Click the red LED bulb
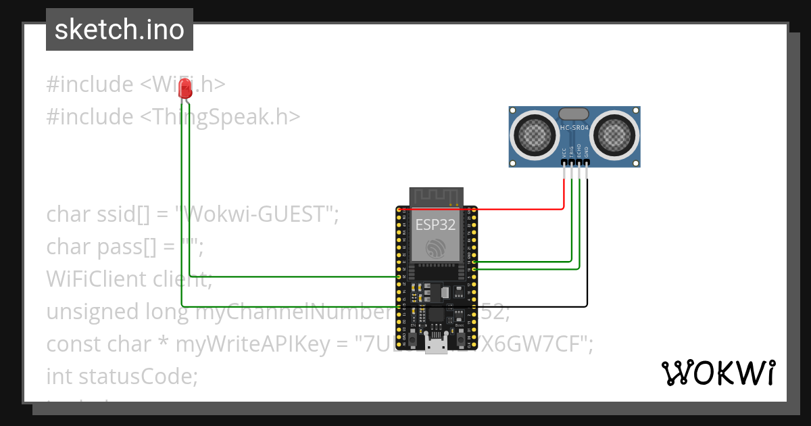pyautogui.click(x=185, y=90)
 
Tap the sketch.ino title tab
pyautogui.click(x=120, y=30)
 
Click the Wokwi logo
pyautogui.click(x=717, y=373)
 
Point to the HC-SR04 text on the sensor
pyautogui.click(x=574, y=127)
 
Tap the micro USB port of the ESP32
pyautogui.click(x=436, y=346)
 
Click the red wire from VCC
pyautogui.click(x=520, y=209)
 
